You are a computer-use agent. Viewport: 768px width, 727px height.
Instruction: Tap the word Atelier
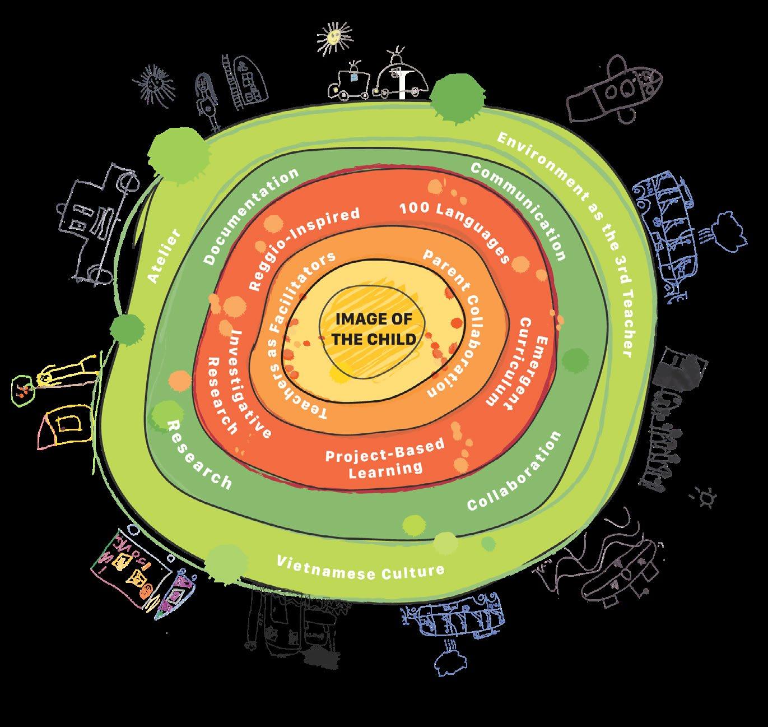point(164,256)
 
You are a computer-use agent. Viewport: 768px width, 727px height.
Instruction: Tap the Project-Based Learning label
point(385,457)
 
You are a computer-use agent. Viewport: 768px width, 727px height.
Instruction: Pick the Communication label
point(518,210)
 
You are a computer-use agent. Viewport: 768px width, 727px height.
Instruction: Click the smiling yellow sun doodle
point(332,37)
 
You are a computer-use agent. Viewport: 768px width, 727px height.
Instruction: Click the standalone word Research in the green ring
point(199,454)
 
